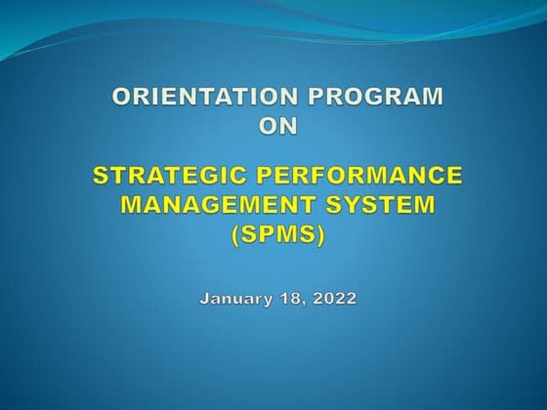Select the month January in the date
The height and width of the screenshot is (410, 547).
coord(233,298)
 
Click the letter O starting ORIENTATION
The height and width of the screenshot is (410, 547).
coord(122,97)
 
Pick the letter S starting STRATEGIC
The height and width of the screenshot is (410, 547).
coord(101,177)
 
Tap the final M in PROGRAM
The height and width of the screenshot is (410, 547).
coord(431,97)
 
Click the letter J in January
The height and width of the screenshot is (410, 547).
coord(203,298)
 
